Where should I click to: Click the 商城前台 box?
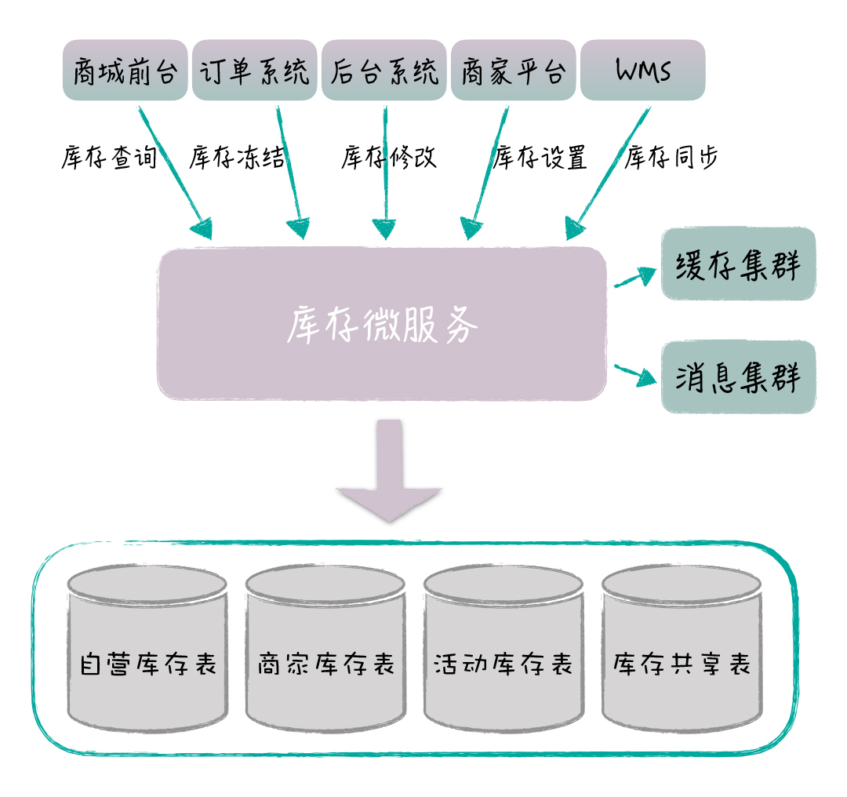[125, 71]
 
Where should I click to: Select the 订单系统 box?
[255, 71]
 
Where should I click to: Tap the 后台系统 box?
[384, 71]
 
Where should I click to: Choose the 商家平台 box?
[513, 71]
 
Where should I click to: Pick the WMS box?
[642, 71]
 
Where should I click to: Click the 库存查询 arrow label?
[109, 158]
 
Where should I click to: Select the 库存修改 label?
[389, 158]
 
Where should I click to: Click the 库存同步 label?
[671, 158]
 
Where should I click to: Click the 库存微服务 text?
[382, 324]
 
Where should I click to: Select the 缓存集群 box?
[738, 264]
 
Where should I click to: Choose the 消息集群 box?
[738, 377]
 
